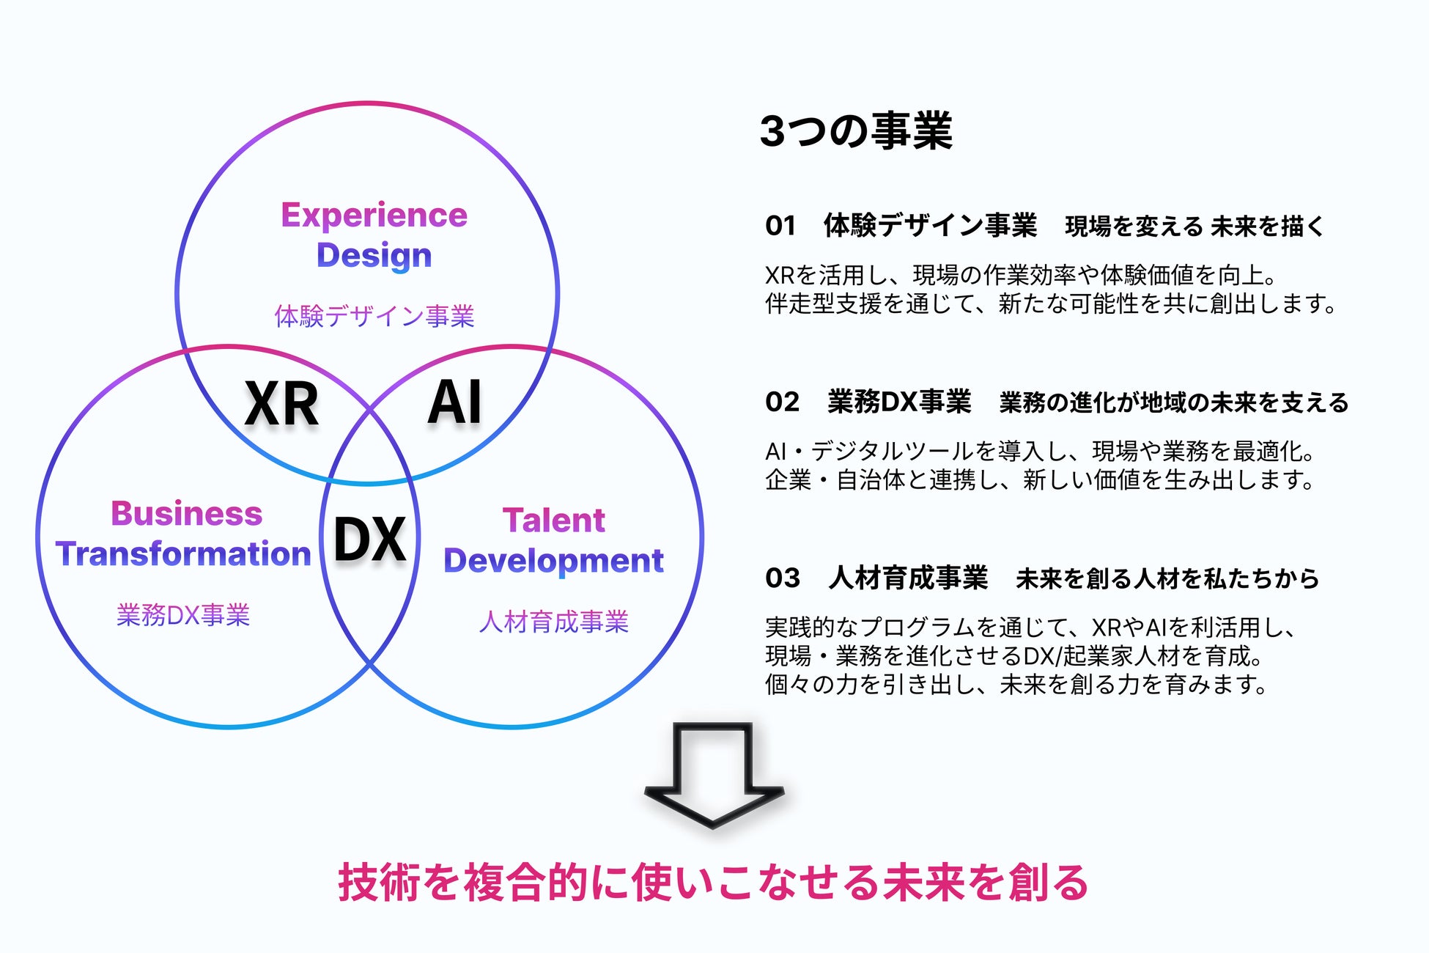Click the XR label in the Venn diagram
[x=281, y=403]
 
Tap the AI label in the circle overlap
[x=454, y=402]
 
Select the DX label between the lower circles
[x=369, y=539]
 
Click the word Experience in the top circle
[x=374, y=215]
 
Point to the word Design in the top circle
[x=374, y=255]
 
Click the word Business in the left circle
[x=186, y=513]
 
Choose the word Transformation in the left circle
[x=183, y=553]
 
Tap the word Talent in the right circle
[x=554, y=520]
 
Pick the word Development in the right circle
[x=554, y=561]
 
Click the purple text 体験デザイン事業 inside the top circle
[x=374, y=316]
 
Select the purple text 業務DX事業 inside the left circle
[x=183, y=615]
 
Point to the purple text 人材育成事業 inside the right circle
[x=554, y=622]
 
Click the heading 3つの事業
[x=856, y=131]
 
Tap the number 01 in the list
[x=780, y=226]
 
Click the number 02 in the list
[x=782, y=402]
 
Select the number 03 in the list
[x=782, y=578]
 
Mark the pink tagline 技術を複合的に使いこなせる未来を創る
[x=713, y=882]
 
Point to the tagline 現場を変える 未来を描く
[x=1194, y=227]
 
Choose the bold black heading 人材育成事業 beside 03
[x=909, y=578]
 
